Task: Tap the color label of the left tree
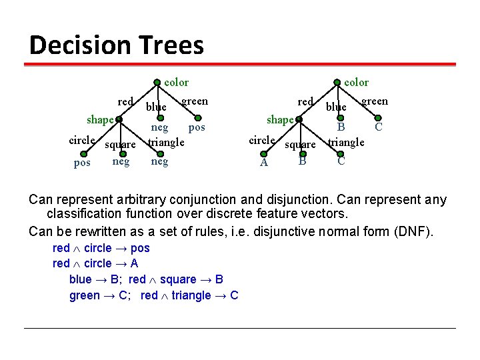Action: tap(177, 82)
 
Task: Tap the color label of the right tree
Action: tap(356, 82)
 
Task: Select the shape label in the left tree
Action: tap(100, 120)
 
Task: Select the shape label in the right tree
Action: tap(280, 120)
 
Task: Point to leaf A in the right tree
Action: tap(264, 163)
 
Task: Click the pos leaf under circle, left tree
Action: tap(82, 163)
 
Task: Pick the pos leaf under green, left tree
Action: tap(197, 127)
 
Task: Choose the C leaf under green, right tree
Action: tap(378, 127)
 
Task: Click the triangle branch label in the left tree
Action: tap(166, 142)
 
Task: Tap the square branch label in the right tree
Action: tap(301, 144)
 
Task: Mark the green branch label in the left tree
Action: tap(195, 101)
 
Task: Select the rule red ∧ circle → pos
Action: tap(101, 248)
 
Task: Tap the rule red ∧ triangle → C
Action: tap(189, 295)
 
